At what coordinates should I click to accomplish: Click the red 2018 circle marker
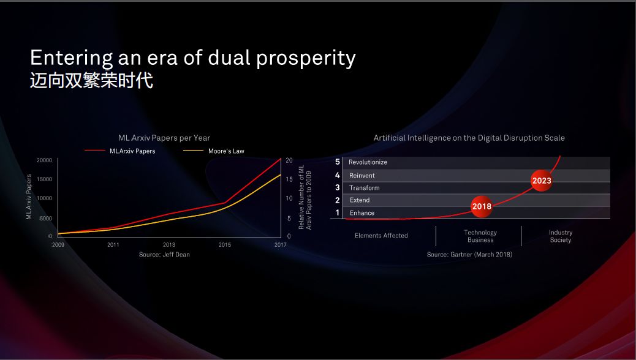click(482, 206)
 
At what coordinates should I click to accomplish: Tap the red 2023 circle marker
click(542, 181)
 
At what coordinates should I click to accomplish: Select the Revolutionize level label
click(368, 162)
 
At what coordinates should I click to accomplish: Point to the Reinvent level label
click(362, 176)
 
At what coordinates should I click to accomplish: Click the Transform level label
click(365, 188)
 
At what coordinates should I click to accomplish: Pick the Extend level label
click(360, 200)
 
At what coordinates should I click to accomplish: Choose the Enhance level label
click(362, 213)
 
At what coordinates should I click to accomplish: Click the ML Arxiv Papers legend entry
click(120, 151)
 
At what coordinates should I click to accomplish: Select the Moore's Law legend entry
click(214, 151)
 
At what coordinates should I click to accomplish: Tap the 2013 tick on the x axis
click(169, 244)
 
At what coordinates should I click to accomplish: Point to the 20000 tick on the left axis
click(45, 160)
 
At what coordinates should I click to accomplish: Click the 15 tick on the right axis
click(289, 179)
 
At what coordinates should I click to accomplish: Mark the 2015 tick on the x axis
click(225, 244)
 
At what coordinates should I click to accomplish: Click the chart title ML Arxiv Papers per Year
click(164, 138)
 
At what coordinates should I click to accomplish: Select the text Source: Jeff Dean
click(164, 255)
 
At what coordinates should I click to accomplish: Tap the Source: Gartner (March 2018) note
click(469, 255)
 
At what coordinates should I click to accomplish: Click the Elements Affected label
click(381, 236)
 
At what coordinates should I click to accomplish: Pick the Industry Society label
click(561, 236)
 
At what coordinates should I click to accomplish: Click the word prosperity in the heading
click(306, 58)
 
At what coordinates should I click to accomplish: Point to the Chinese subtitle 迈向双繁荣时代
click(92, 80)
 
